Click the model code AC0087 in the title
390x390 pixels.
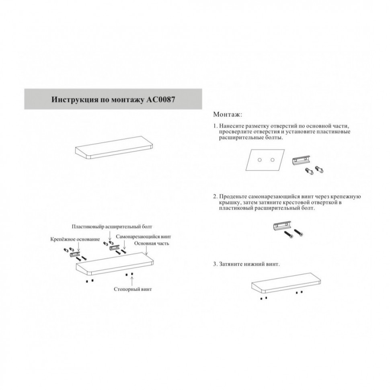point(159,99)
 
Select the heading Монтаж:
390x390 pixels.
point(228,114)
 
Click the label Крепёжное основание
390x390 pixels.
point(75,239)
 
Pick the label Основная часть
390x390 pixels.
point(152,244)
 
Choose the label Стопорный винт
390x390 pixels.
point(133,289)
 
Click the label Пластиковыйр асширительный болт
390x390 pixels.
point(112,227)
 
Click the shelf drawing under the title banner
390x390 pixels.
point(114,150)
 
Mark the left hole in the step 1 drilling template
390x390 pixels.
point(260,160)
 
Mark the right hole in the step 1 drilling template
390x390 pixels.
point(273,160)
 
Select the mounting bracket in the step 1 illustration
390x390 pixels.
point(300,161)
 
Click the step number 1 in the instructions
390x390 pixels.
point(215,126)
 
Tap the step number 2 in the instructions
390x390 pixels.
point(215,197)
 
